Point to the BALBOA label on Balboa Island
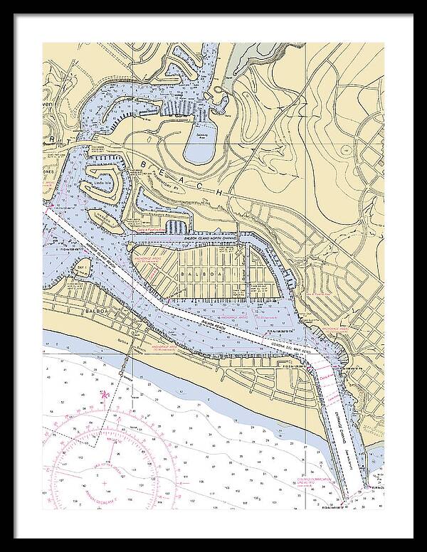pos(194,274)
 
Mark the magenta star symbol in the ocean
pos(105,394)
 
